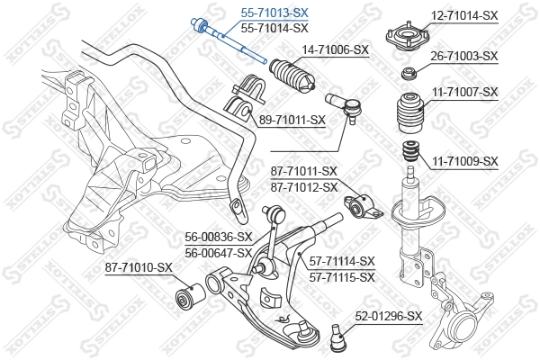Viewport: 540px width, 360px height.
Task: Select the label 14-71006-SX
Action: tap(335, 49)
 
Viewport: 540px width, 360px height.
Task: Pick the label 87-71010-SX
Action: tap(138, 266)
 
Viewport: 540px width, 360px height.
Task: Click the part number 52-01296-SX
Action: tap(389, 316)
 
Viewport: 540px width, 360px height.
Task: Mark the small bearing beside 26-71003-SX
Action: tap(409, 73)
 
